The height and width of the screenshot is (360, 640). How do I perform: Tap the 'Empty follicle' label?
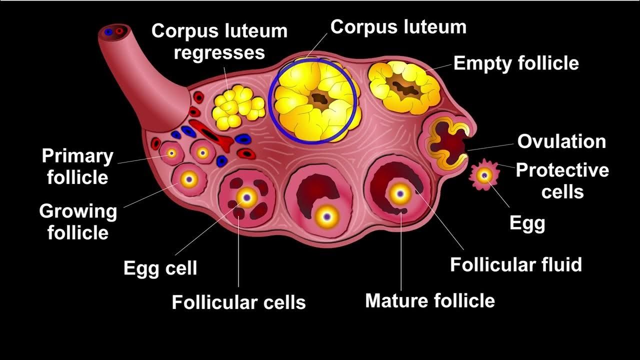[516, 63]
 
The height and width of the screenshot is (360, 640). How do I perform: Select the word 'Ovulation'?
[561, 141]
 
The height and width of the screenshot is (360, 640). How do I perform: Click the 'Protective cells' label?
[562, 180]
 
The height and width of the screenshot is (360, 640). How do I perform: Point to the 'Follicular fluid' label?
[516, 264]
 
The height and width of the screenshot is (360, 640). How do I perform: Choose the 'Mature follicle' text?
[430, 300]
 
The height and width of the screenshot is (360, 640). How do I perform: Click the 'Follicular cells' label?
[238, 302]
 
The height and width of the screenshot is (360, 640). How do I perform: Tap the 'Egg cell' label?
[160, 268]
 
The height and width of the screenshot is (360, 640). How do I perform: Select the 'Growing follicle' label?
[78, 221]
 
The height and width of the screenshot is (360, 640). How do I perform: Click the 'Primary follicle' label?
[77, 166]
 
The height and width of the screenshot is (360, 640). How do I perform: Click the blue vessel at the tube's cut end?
[108, 32]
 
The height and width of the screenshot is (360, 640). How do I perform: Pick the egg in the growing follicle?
[189, 178]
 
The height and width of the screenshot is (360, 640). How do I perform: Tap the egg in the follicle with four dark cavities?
[246, 198]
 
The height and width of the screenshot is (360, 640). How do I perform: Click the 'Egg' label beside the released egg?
[527, 223]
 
